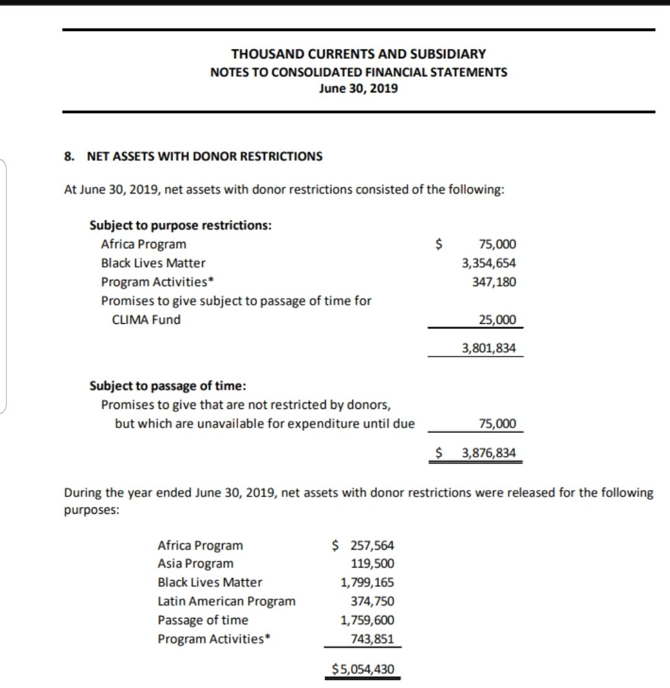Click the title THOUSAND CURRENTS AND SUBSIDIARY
[x=359, y=54]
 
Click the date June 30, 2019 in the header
[x=359, y=88]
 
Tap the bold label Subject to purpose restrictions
[x=181, y=225]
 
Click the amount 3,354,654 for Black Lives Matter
[x=489, y=263]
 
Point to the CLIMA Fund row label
[x=146, y=320]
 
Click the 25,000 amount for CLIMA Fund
[x=498, y=320]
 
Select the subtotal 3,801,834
[x=489, y=348]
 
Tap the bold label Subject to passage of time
[x=168, y=386]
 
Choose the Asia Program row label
[x=196, y=564]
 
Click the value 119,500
[x=372, y=564]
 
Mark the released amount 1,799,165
[x=367, y=583]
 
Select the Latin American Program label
[x=226, y=601]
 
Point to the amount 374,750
[x=372, y=601]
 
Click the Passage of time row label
[x=203, y=620]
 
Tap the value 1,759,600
[x=367, y=620]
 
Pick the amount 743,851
[x=372, y=638]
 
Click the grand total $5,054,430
[x=363, y=669]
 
